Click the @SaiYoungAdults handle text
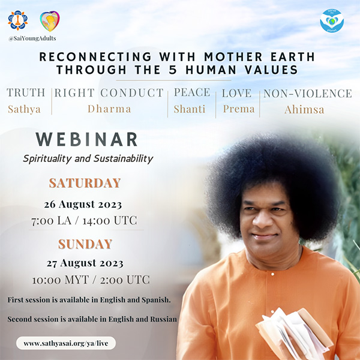coord(32,38)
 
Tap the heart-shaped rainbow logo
coord(50,21)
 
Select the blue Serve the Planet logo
coord(332,21)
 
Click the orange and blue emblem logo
coord(18,20)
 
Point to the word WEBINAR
coord(87,139)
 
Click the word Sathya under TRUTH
coord(25,109)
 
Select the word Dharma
coord(109,109)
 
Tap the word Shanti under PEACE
coord(190,109)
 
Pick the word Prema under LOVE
coord(239,109)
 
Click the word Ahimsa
coord(304,110)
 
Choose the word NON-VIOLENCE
coord(308,94)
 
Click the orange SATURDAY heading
coord(85,183)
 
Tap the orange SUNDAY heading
coord(85,244)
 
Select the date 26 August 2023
coord(83,204)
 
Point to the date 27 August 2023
coord(85,263)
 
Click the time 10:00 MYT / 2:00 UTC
coord(91,280)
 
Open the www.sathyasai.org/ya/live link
coord(66,343)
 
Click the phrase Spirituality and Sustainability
coord(88,159)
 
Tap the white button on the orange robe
coord(272,274)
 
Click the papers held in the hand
coord(295,333)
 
